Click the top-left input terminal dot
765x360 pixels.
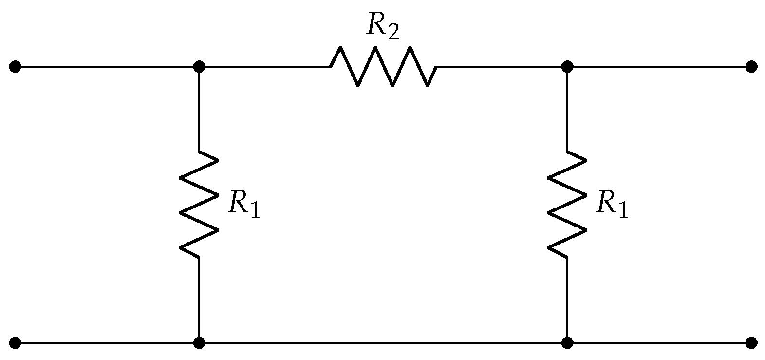pyautogui.click(x=15, y=66)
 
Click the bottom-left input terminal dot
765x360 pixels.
pyautogui.click(x=15, y=343)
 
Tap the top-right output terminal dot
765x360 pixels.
pyautogui.click(x=751, y=66)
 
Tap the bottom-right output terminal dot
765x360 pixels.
pyautogui.click(x=751, y=343)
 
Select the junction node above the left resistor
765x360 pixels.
pyautogui.click(x=199, y=66)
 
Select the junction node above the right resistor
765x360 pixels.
pyautogui.click(x=567, y=66)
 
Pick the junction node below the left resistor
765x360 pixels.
pyautogui.click(x=199, y=343)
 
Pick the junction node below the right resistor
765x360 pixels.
pyautogui.click(x=567, y=343)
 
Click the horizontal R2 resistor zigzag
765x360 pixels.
pyautogui.click(x=384, y=67)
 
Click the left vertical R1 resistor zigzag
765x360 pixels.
pyautogui.click(x=199, y=204)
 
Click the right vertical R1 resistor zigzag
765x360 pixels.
pyautogui.click(x=567, y=204)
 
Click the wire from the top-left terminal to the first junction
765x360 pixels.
pyautogui.click(x=107, y=66)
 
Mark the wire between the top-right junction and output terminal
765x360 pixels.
pyautogui.click(x=659, y=66)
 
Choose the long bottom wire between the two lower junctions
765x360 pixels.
pyautogui.click(x=383, y=343)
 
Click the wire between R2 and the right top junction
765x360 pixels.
pyautogui.click(x=502, y=66)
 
